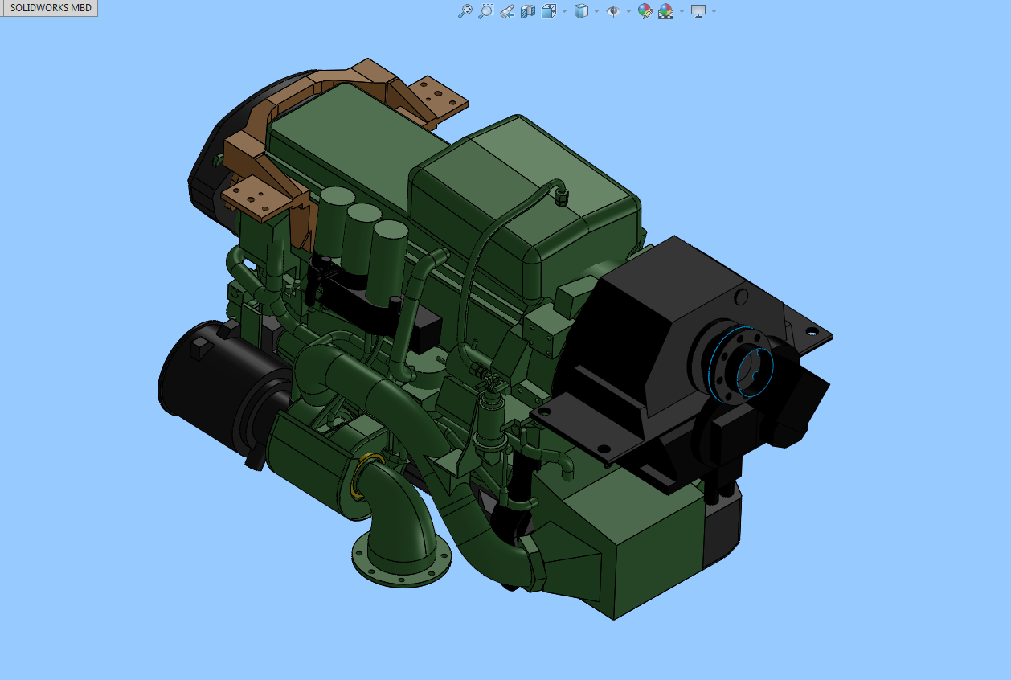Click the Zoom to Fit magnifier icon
[465, 10]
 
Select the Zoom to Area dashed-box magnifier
[485, 10]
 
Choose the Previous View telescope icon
[507, 11]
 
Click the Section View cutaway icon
[528, 11]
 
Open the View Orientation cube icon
[548, 11]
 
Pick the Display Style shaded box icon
[581, 10]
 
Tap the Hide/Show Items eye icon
[613, 10]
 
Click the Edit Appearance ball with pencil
[645, 11]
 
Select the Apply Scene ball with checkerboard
[665, 11]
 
